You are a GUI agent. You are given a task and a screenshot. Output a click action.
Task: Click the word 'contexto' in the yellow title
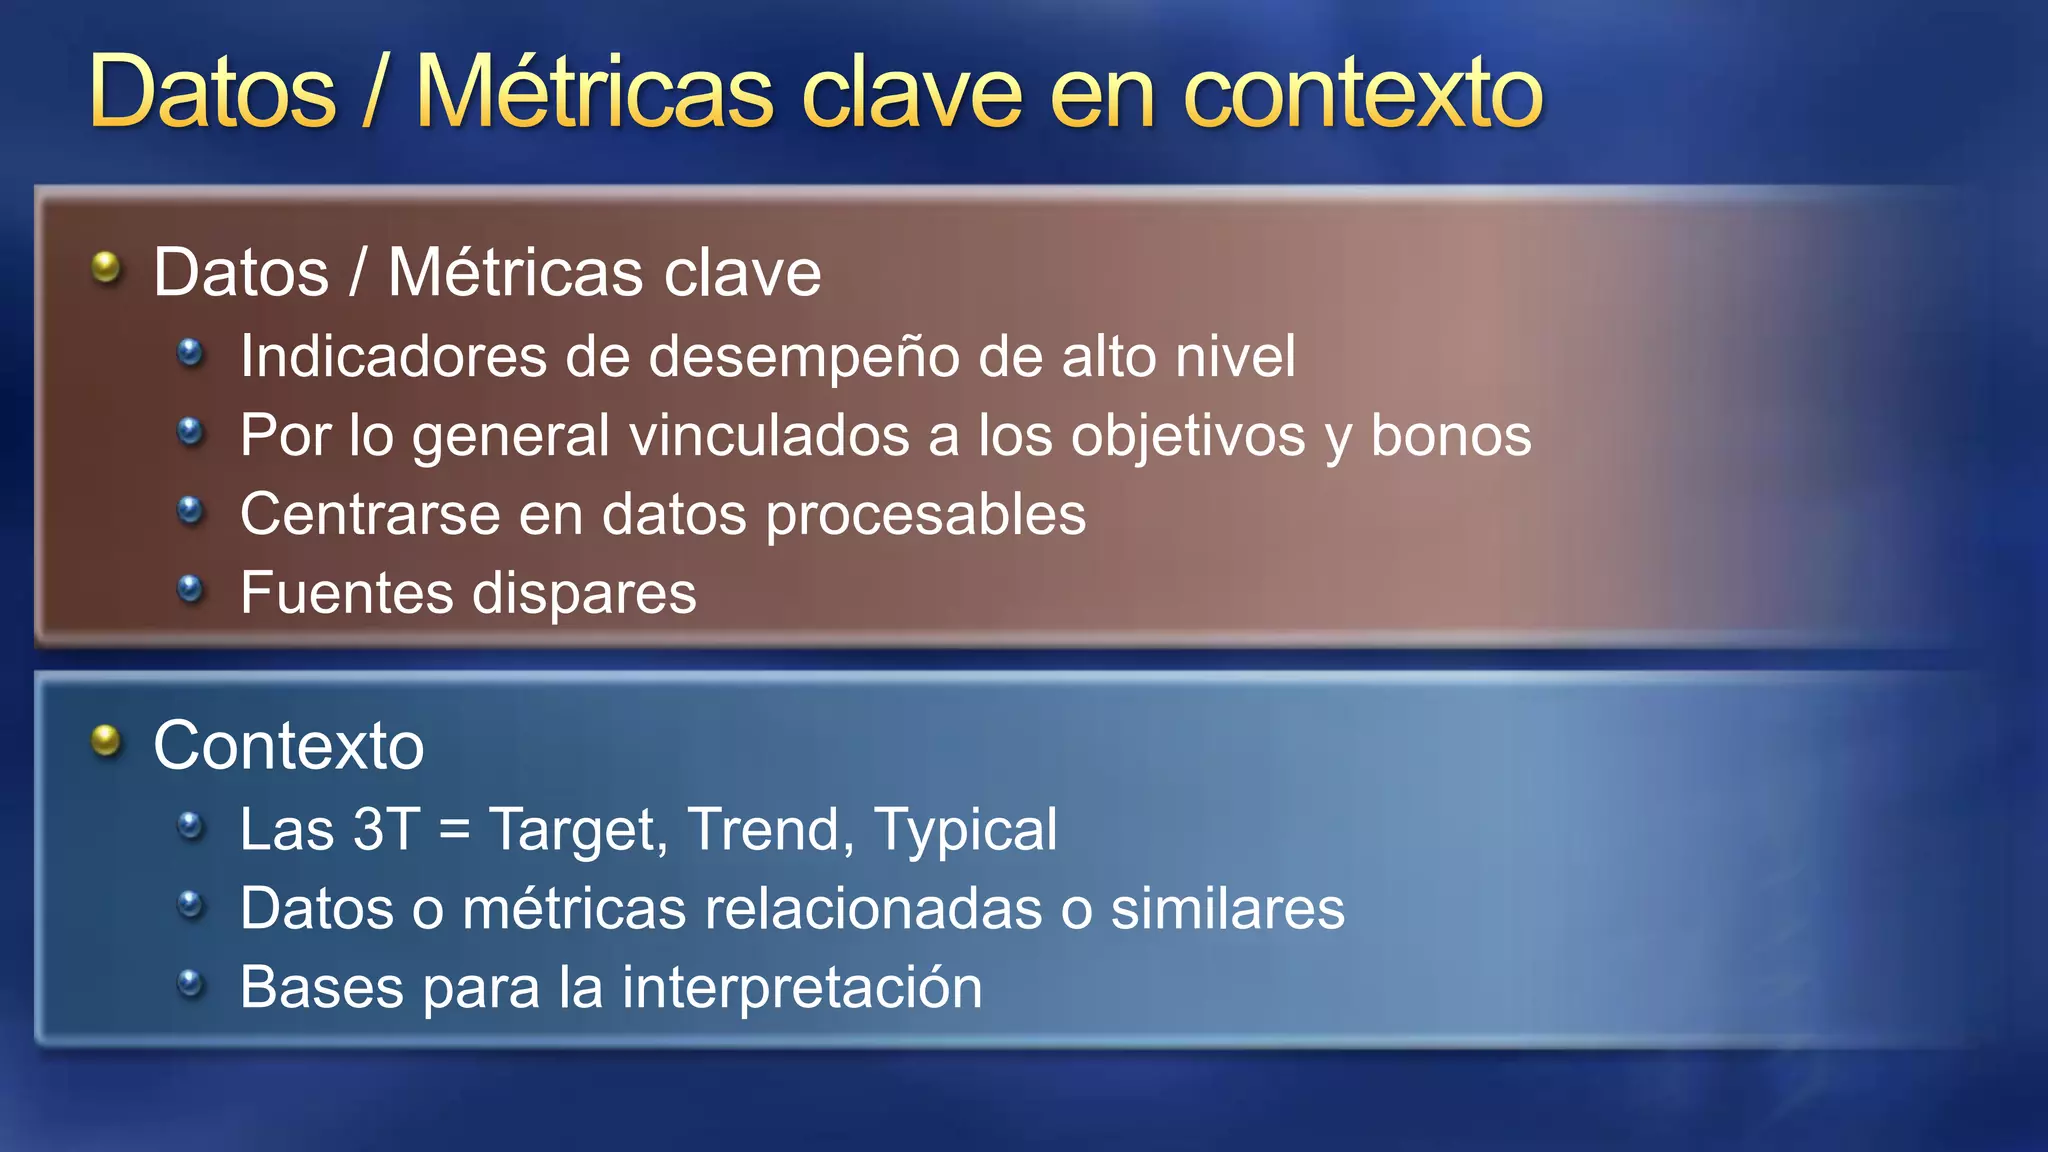(x=1362, y=94)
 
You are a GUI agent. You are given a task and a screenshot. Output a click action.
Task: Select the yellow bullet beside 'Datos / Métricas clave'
(x=106, y=267)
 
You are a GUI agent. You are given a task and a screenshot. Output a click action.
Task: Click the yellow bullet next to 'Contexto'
(x=106, y=741)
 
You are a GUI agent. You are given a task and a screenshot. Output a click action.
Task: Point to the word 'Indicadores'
(x=393, y=357)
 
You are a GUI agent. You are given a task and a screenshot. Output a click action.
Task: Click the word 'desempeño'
(x=804, y=357)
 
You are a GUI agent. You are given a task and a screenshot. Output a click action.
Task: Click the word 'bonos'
(x=1450, y=436)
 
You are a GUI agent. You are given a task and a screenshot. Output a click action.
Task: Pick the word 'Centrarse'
(x=370, y=515)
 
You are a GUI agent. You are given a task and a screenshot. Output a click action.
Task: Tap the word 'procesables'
(x=925, y=515)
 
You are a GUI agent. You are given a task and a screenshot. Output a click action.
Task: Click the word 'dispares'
(x=584, y=594)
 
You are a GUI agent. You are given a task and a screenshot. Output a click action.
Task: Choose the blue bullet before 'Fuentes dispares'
(x=190, y=589)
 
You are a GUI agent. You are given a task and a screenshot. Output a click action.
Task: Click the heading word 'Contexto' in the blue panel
(x=289, y=746)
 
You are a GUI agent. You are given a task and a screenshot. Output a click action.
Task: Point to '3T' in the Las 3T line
(x=386, y=830)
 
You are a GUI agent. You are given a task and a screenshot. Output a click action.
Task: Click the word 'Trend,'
(x=770, y=830)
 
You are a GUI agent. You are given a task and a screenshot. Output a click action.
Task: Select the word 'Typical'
(x=965, y=830)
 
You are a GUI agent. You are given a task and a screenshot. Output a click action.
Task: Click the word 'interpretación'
(x=802, y=988)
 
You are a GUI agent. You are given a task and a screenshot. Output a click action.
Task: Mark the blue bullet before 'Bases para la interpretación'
(x=190, y=984)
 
